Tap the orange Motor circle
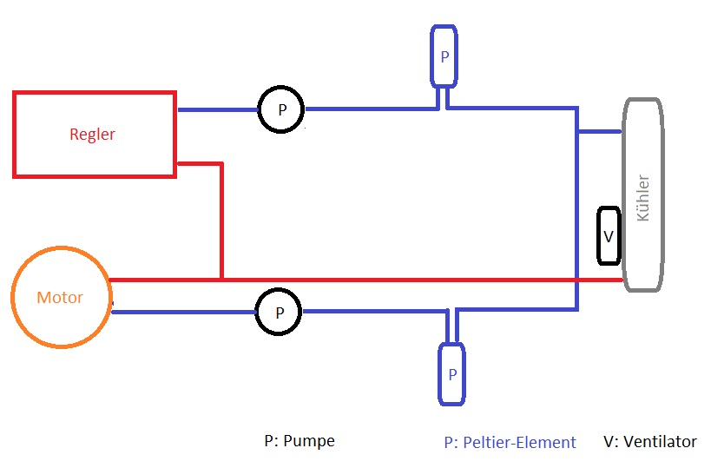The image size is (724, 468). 60,297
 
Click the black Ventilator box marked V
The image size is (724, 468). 609,235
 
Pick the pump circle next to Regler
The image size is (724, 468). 280,110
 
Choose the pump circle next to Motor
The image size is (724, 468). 279,312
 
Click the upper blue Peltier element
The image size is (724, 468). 444,56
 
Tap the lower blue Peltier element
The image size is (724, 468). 451,373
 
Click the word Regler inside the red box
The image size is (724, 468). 92,135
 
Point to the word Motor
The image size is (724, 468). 60,298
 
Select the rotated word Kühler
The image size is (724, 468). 643,198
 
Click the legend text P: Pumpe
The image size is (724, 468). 299,441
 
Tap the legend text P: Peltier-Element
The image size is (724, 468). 510,443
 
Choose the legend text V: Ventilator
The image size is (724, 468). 649,442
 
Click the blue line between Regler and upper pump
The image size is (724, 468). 217,110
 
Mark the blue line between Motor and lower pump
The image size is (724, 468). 182,312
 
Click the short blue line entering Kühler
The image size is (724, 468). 600,132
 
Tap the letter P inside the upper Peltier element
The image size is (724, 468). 444,56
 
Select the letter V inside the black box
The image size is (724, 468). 609,235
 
